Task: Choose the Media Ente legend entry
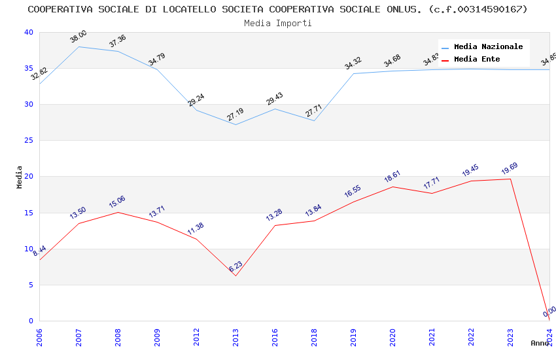coord(477,60)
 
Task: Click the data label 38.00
coord(78,37)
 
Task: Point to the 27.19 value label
coord(235,115)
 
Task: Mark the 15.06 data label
coord(117,202)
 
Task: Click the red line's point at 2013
coord(236,276)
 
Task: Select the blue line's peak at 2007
coord(79,46)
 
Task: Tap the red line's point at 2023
coord(511,179)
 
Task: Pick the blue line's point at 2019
coord(354,73)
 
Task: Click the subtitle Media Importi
coord(278,23)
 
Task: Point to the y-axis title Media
coord(20,177)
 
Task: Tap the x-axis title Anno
coord(540,343)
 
